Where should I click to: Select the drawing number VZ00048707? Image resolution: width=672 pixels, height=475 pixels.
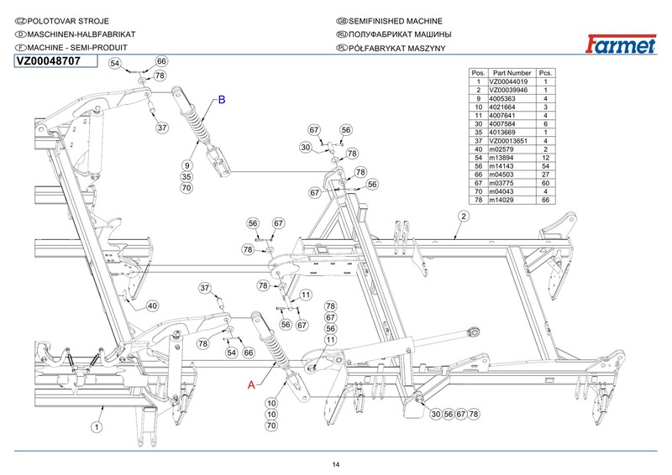point(49,61)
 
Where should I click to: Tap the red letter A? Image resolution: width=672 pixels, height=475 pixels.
point(250,385)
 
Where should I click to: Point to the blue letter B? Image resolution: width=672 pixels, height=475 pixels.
point(222,100)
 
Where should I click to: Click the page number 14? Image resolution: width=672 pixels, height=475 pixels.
point(335,464)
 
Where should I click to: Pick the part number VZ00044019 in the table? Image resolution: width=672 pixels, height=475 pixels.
point(512,81)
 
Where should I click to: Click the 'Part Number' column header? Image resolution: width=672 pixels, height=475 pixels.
point(512,73)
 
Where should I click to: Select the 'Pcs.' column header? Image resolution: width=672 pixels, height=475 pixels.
point(545,73)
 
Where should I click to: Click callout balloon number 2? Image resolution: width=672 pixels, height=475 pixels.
point(463,216)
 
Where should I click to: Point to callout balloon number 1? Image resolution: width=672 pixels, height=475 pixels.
point(97,426)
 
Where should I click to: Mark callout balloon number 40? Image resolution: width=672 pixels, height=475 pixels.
point(152,305)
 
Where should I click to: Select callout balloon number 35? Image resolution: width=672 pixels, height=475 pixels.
point(186,176)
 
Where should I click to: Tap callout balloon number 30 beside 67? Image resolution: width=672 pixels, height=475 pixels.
point(306,148)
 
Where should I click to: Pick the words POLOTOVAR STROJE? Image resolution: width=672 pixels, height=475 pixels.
point(62,20)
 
